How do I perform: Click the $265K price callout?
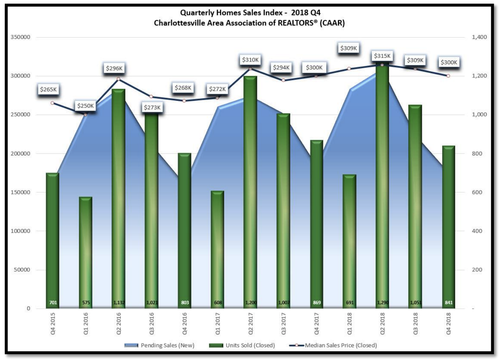tap(48, 89)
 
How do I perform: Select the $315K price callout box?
tap(382, 56)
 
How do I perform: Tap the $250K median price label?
tap(85, 106)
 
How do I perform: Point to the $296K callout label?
tap(114, 68)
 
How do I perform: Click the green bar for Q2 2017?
tap(250, 192)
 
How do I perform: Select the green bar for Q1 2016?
tap(85, 253)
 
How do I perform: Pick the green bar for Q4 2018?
tap(448, 227)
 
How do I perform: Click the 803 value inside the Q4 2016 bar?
tap(185, 303)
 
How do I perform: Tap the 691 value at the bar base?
tap(350, 303)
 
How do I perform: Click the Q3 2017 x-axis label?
tap(283, 323)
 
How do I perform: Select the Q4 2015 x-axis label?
tap(53, 323)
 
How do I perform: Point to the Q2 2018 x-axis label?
tap(382, 323)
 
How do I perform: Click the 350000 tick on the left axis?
tap(20, 37)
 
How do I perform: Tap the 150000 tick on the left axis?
tap(20, 192)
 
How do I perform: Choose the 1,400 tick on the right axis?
tap(479, 37)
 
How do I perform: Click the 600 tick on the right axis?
tap(477, 192)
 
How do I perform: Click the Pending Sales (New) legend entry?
tap(159, 345)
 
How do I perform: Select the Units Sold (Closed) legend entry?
tap(242, 345)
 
